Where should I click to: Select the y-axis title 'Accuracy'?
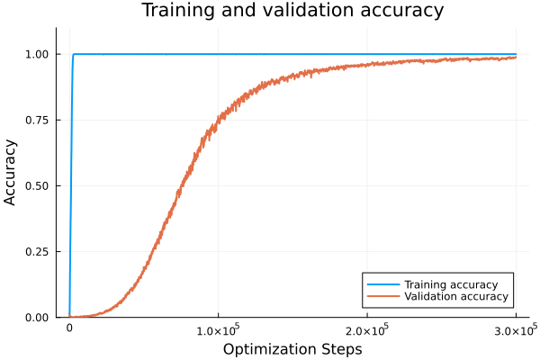point(11,172)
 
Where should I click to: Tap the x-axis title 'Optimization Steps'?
point(292,348)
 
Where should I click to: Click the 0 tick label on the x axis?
point(69,329)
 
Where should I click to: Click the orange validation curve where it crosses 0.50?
point(183,185)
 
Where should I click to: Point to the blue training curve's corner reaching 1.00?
point(74,54)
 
